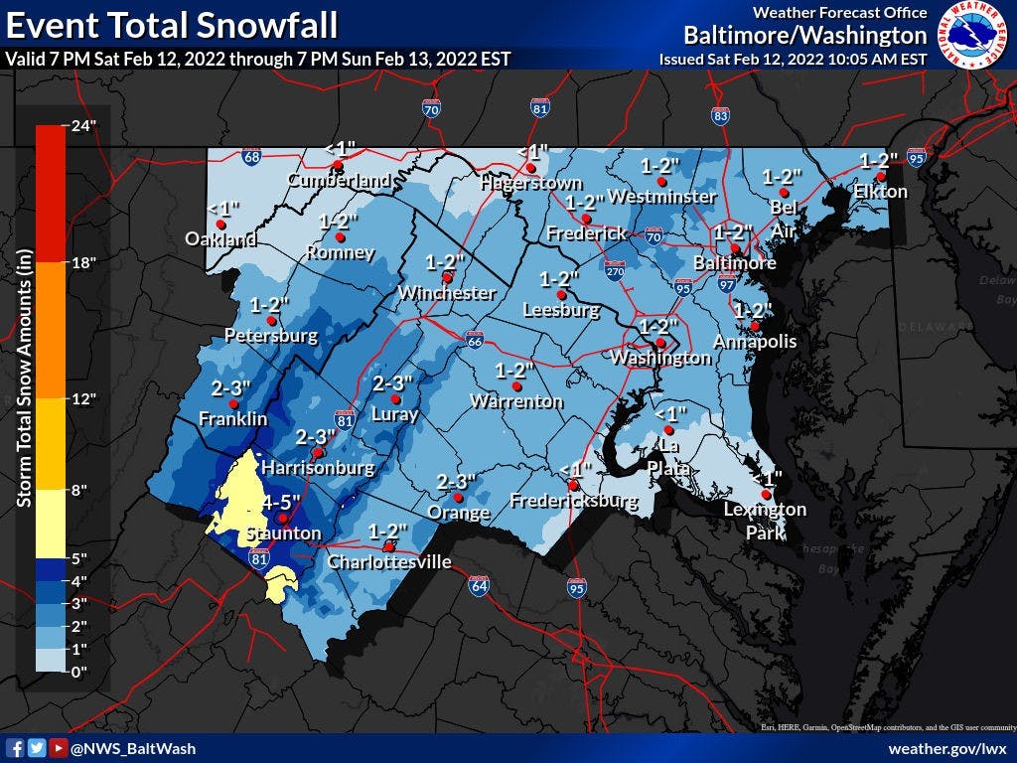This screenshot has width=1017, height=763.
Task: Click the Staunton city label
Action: coord(271,534)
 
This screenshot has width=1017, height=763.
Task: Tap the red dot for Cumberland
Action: coord(338,165)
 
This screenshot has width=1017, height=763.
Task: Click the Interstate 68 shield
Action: coord(252,157)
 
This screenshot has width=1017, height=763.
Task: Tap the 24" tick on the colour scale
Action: coord(79,125)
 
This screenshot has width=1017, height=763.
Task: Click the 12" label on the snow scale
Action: coord(80,399)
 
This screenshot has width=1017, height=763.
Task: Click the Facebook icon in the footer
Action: coord(15,748)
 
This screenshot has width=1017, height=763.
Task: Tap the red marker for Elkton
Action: coord(880,176)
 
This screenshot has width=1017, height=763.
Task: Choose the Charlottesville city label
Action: coord(389,563)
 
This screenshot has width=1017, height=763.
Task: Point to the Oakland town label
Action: coord(220,239)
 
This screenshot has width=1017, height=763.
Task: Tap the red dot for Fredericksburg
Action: coord(573,484)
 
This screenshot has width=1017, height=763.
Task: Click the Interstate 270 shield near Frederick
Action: coord(614,268)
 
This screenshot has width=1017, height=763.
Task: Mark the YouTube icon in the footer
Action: coord(58,748)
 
